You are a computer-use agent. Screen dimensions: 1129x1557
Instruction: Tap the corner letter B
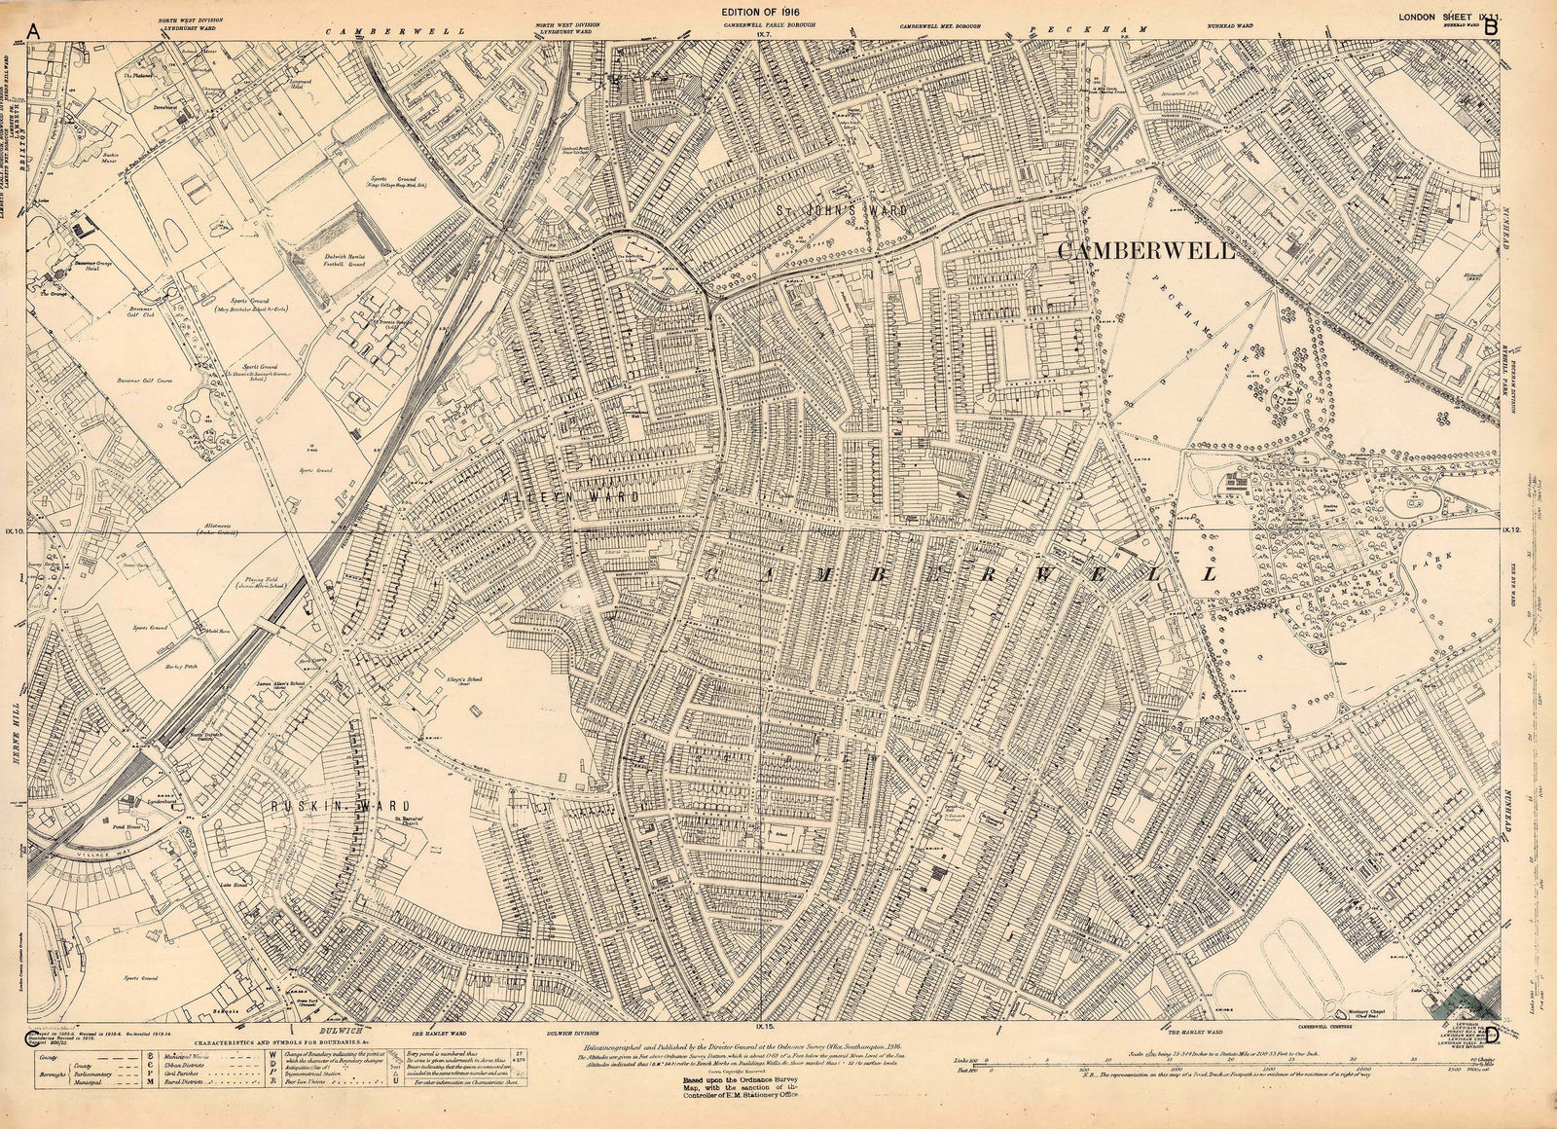coord(1490,27)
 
